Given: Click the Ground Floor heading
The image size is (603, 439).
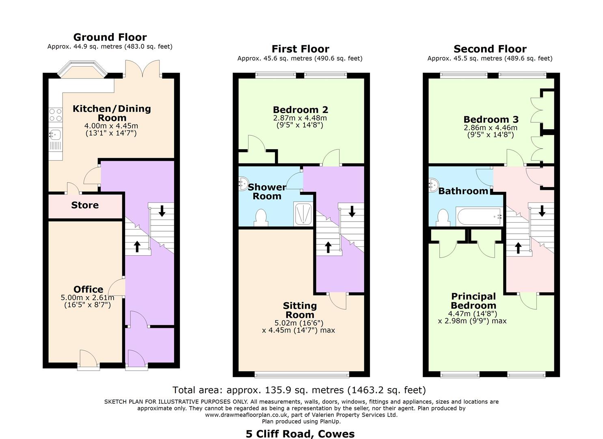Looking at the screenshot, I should [x=110, y=37].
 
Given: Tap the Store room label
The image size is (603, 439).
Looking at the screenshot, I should [x=85, y=205].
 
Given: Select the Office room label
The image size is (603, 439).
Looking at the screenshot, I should [x=88, y=289].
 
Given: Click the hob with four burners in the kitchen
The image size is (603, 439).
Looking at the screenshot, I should [x=56, y=115].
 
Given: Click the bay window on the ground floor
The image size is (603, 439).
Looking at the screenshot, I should [x=82, y=69].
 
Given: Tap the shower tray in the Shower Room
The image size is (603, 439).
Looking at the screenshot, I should [x=303, y=214].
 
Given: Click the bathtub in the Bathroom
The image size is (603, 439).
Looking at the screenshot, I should [x=479, y=217].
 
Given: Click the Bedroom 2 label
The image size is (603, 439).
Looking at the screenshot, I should [x=300, y=110].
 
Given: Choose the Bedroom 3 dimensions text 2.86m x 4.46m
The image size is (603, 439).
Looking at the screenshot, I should [x=491, y=128].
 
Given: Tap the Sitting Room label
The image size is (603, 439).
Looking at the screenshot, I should [x=300, y=310].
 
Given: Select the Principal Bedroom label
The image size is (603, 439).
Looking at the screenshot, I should [x=473, y=301].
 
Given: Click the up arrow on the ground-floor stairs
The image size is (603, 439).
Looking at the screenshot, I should [x=137, y=246].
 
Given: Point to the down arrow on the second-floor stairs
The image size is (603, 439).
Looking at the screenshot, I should [x=542, y=211].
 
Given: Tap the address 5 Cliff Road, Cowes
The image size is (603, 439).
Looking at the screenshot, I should [x=300, y=434].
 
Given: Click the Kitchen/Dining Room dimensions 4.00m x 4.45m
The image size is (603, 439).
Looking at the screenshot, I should [x=111, y=126].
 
